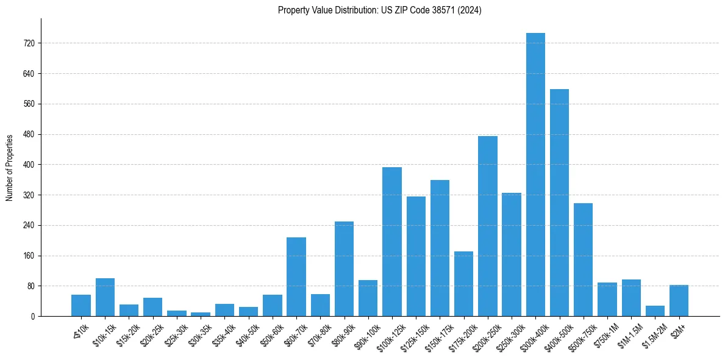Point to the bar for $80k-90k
[x=344, y=268]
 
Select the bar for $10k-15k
[x=105, y=297]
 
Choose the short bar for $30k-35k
[x=201, y=314]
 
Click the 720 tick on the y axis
[x=29, y=43]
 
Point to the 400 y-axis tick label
[x=29, y=165]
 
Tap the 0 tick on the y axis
[x=33, y=316]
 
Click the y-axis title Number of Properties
[x=9, y=168]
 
